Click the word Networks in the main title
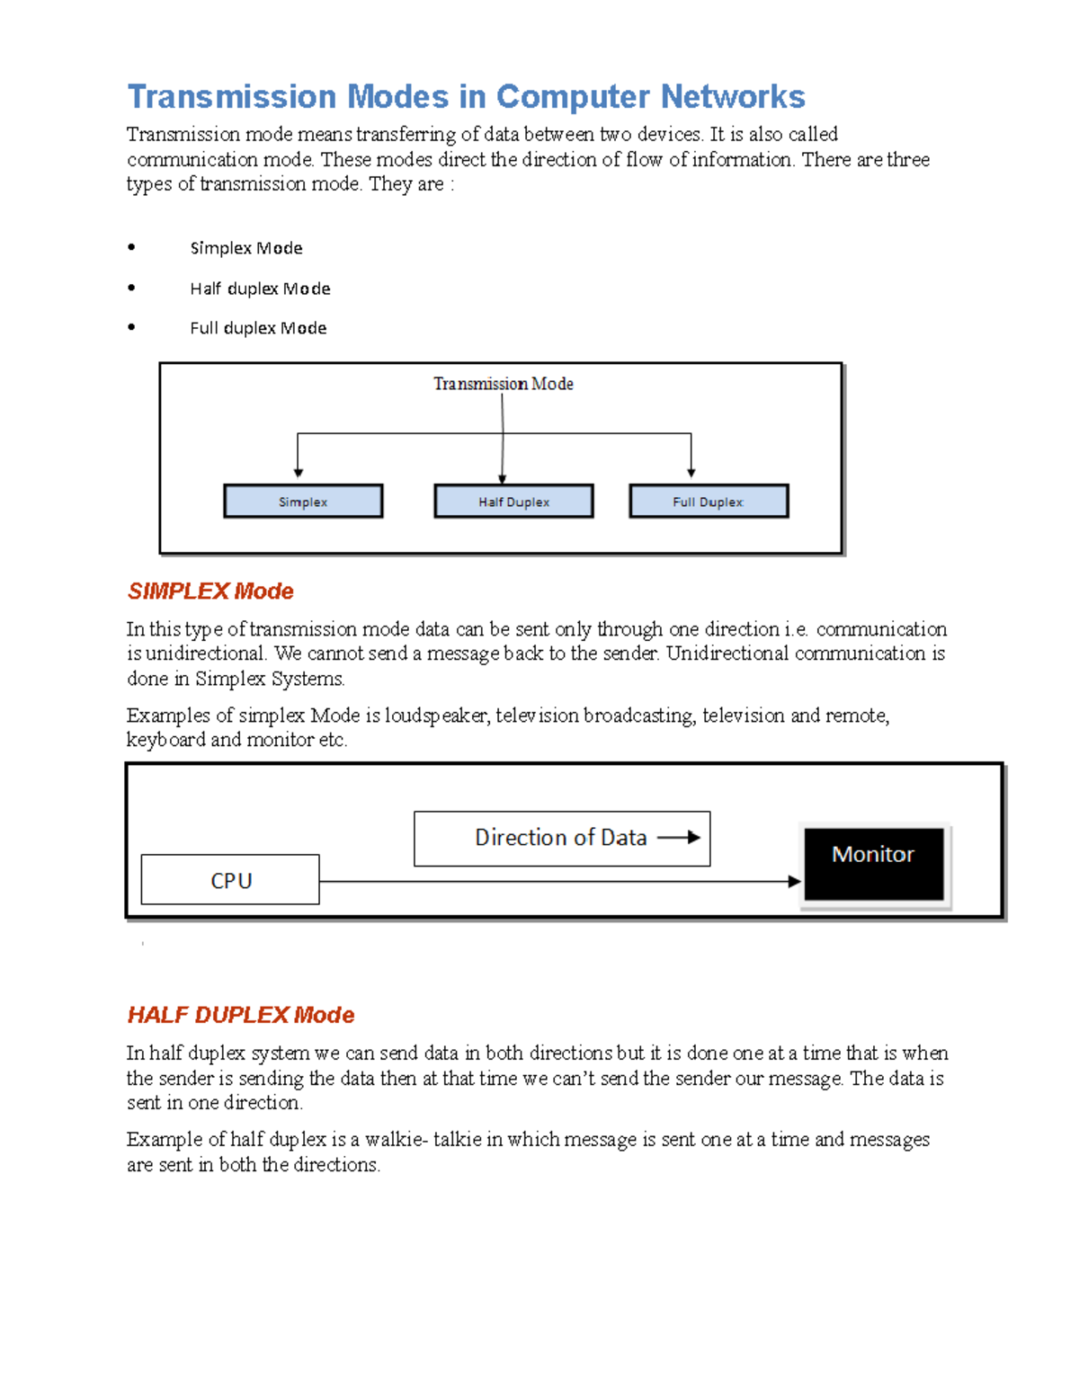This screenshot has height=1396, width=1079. coord(733,96)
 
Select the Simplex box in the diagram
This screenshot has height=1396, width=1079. coord(303,502)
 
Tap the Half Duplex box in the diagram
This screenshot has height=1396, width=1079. coord(513,502)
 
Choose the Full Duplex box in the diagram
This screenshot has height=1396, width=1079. coord(709,502)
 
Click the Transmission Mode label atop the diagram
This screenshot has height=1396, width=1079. coord(503,384)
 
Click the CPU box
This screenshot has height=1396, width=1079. coord(230,880)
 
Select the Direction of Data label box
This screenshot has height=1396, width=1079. coord(561,838)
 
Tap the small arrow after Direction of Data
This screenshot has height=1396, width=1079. coord(679,838)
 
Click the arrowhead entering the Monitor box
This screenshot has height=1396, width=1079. coord(794,882)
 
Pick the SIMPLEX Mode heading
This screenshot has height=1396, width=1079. coord(210,591)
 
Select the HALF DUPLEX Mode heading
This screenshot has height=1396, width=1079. coord(240,1015)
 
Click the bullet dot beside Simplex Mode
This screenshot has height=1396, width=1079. coord(131,247)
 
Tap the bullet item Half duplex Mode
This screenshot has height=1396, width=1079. coord(260,289)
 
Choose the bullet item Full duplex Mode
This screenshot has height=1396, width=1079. coord(258,328)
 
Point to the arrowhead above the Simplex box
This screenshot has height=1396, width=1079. coord(298,472)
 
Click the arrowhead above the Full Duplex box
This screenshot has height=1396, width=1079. coord(691,472)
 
